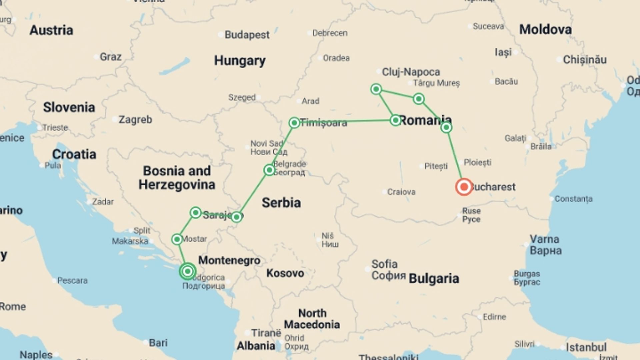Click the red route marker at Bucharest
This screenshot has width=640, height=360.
point(464,187)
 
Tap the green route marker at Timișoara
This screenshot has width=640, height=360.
point(294,123)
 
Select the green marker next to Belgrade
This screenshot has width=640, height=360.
point(269,170)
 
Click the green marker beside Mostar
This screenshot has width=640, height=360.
point(177,239)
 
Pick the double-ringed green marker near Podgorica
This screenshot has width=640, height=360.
point(188,271)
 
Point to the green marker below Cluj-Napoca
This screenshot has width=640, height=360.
point(376,89)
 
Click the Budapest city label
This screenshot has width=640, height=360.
point(247,35)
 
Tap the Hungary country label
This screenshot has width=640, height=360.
point(240,61)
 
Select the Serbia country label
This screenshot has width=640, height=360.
point(281,203)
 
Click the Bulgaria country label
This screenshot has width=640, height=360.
point(434,278)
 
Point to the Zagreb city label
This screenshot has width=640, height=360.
point(135,119)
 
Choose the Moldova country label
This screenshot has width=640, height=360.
point(545,30)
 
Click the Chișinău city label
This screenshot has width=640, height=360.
point(585,60)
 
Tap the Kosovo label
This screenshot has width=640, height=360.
point(285,273)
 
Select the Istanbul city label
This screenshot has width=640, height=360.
point(586,347)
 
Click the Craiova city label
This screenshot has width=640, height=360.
point(401,192)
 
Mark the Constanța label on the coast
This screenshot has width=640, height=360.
point(573,199)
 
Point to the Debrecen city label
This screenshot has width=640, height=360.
point(330,33)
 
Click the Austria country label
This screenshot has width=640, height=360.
point(51,30)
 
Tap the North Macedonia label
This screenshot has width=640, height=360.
point(312,319)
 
